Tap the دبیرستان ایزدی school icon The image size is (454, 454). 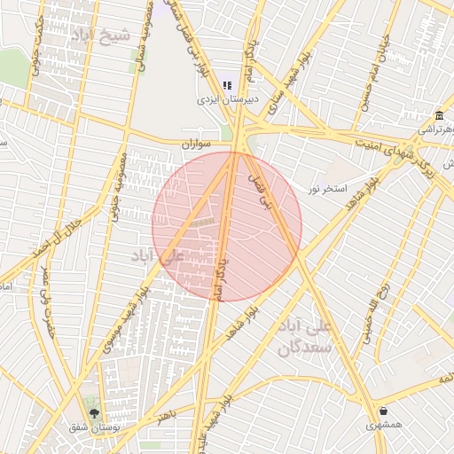coord(227,86)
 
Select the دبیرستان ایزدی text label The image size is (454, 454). coord(228,100)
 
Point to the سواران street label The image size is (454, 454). coord(196,143)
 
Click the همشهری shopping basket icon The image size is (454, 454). coord(383,411)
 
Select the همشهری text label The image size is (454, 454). coord(383,425)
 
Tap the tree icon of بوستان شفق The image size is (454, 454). coord(94,413)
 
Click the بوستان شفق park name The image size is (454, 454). coord(91,427)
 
